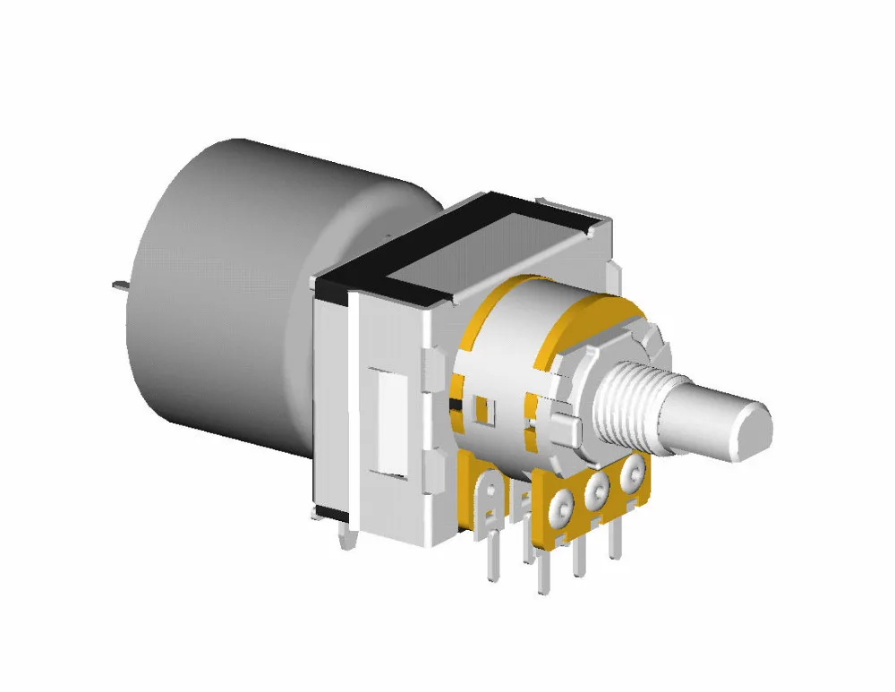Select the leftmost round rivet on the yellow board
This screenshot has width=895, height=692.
tap(562, 507)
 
